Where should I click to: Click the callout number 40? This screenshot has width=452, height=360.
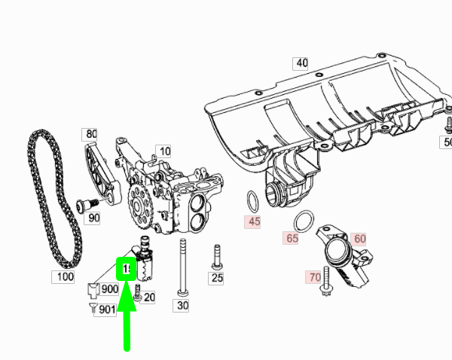tap(301, 63)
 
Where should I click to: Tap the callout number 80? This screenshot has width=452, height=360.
tap(91, 134)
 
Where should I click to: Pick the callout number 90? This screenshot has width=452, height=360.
tap(93, 218)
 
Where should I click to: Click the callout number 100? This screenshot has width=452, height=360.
tap(66, 277)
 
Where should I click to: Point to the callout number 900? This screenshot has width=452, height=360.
tap(109, 289)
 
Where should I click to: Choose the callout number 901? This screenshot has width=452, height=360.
tap(106, 310)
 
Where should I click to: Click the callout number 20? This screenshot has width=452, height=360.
tap(149, 297)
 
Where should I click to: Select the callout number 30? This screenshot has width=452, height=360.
tap(182, 305)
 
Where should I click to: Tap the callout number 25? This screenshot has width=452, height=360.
tap(216, 278)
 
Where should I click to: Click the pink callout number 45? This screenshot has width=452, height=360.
tap(253, 222)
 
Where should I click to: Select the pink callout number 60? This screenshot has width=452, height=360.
tap(359, 239)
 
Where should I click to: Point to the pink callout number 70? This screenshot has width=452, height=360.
tap(314, 276)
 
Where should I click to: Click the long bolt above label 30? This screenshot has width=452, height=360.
tap(182, 267)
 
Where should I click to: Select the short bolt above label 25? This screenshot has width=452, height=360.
tap(217, 256)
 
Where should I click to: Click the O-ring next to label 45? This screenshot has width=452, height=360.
tap(252, 202)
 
